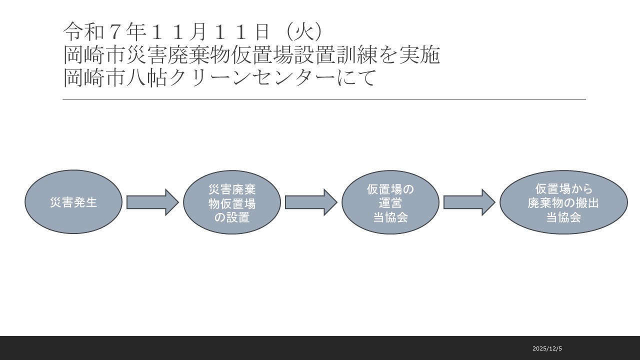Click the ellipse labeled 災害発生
pyautogui.click(x=73, y=202)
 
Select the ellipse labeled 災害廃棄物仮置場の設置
pyautogui.click(x=232, y=202)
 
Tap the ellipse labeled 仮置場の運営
pyautogui.click(x=390, y=202)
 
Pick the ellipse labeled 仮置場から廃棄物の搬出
pyautogui.click(x=563, y=202)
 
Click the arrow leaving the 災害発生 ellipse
pyautogui.click(x=152, y=202)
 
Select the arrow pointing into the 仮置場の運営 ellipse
pyautogui.click(x=311, y=202)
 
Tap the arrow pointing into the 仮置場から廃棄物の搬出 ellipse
pyautogui.click(x=469, y=202)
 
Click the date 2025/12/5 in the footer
pyautogui.click(x=547, y=348)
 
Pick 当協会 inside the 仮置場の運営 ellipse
pyautogui.click(x=390, y=217)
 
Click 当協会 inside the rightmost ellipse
pyautogui.click(x=563, y=217)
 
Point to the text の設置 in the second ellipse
pyautogui.click(x=232, y=217)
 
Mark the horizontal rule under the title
pyautogui.click(x=324, y=100)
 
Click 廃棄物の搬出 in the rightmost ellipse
pyautogui.click(x=563, y=203)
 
